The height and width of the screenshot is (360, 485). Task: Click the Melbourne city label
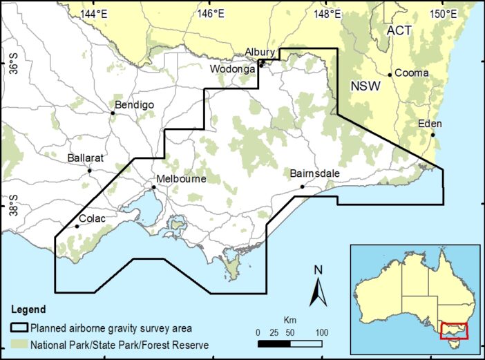tap(181, 179)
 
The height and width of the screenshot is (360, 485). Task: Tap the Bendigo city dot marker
tap(113, 113)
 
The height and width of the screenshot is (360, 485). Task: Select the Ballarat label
tap(86, 158)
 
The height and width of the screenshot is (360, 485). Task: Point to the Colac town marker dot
tap(77, 226)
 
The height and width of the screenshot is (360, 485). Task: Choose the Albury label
tap(260, 52)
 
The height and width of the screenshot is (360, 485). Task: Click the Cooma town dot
tap(390, 75)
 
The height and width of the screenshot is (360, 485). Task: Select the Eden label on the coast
tap(429, 124)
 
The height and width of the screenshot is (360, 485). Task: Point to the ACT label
tap(399, 31)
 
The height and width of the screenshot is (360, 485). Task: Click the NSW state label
tap(364, 86)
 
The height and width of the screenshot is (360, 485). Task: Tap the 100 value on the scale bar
tap(321, 332)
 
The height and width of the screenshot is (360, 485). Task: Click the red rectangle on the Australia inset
tap(454, 331)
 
